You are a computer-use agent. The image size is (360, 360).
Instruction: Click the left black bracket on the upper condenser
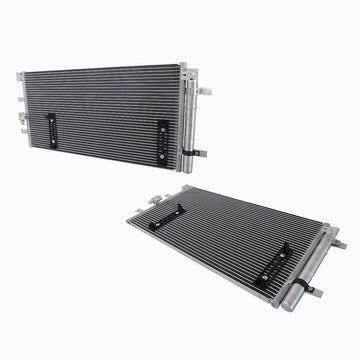(53, 129)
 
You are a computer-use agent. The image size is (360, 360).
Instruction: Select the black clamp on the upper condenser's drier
(191, 152)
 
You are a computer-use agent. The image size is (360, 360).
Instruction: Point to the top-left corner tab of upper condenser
(21, 76)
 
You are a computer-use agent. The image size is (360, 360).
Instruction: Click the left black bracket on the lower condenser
(167, 214)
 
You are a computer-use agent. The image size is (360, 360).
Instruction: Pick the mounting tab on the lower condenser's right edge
(340, 243)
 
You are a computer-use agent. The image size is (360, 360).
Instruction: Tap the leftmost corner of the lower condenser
(130, 221)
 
